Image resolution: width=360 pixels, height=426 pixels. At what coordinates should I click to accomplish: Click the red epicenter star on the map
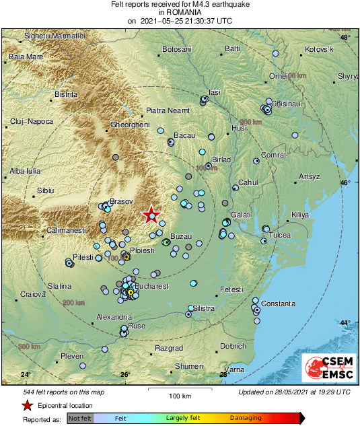tap(151, 215)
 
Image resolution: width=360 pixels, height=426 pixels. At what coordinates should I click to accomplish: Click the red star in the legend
tap(27, 406)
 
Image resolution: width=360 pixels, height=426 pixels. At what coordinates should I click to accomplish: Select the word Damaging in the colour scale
tap(246, 418)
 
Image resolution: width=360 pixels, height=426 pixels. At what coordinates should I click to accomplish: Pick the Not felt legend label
tap(79, 418)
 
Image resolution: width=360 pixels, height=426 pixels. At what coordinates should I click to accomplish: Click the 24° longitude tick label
tap(26, 374)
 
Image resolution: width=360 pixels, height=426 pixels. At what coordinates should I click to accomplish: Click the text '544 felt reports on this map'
tap(63, 392)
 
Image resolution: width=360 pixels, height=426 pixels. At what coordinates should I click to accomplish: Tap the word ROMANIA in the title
tap(180, 12)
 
